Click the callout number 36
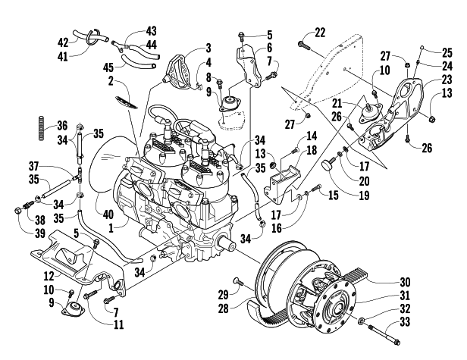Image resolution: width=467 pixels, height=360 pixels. [x=62, y=126]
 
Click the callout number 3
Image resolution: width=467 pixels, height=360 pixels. [x=207, y=49]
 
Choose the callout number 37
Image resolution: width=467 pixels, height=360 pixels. [x=33, y=167]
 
